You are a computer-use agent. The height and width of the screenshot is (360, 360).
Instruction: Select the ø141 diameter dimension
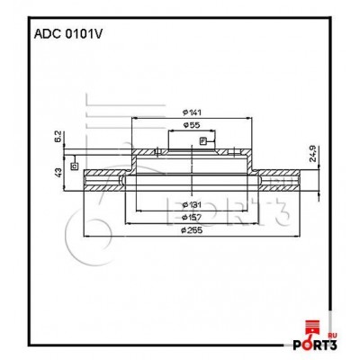191,111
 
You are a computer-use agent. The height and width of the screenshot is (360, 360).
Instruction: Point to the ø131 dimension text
191,204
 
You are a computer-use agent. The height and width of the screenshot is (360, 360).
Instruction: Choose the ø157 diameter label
191,217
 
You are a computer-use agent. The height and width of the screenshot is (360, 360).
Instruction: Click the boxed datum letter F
203,141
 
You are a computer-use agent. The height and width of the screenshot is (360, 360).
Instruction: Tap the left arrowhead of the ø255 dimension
85,237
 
